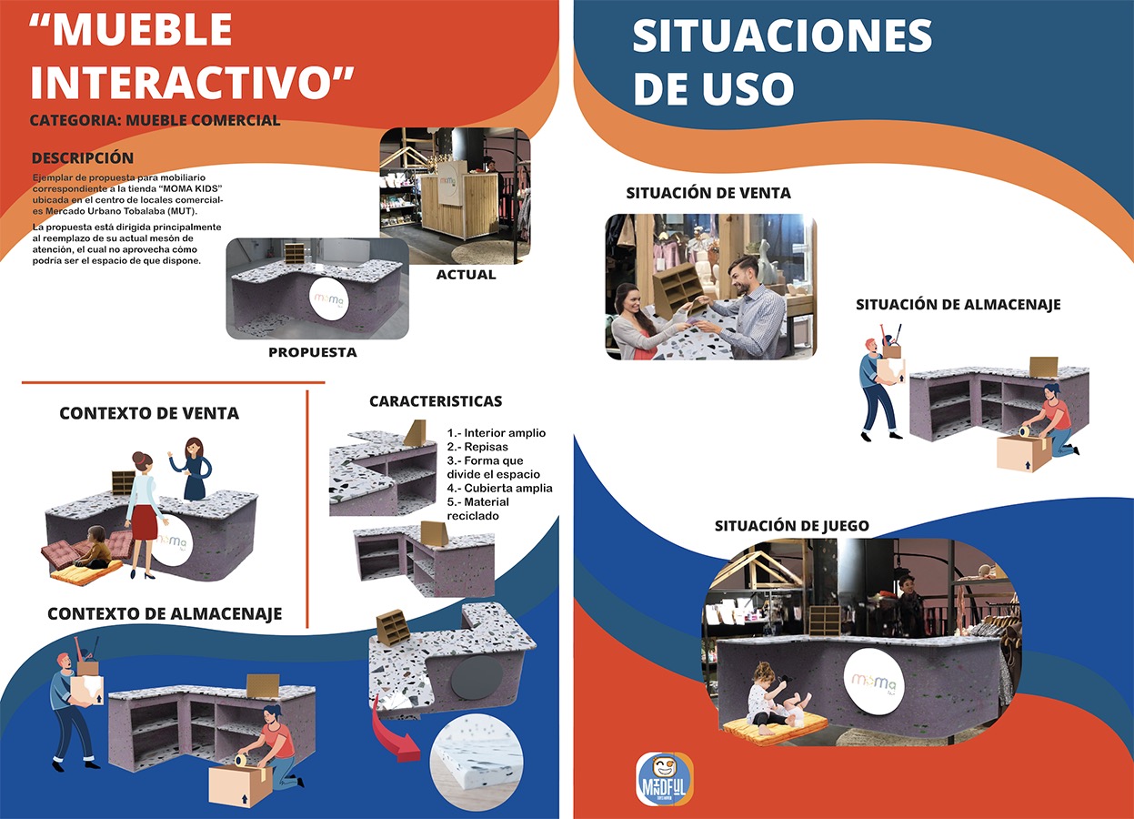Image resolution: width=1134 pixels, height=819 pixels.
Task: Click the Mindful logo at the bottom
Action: coord(664,779)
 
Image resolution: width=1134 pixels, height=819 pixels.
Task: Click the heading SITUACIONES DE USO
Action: coord(782,62)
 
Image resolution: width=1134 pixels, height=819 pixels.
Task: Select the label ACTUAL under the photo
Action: coord(466,275)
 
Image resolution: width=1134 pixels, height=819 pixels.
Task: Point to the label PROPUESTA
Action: coord(313,352)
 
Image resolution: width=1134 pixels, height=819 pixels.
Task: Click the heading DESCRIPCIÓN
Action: coord(83,158)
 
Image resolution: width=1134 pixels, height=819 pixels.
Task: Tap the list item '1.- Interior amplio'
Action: coord(497,433)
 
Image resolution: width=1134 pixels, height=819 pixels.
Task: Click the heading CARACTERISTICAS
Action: coord(436,401)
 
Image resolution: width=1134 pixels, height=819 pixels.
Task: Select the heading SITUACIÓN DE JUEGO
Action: coord(791,526)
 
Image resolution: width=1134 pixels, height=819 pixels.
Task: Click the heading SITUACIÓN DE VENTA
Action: coord(708,193)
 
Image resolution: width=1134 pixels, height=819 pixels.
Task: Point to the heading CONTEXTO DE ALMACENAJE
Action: coord(165,614)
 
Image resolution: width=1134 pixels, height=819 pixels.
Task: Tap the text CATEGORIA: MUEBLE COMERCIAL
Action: coord(155,120)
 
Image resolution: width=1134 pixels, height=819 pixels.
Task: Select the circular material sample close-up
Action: coord(477,761)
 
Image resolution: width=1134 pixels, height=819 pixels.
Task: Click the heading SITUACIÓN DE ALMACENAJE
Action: coord(958,305)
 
